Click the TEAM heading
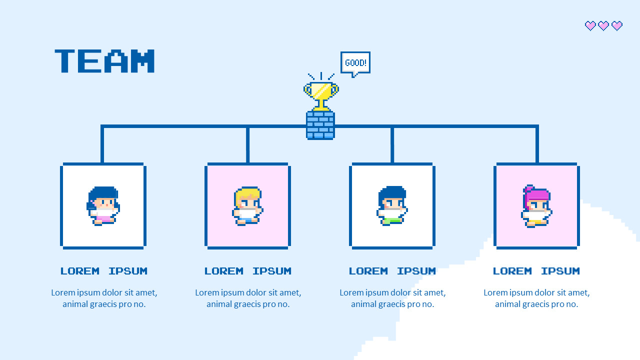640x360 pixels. pos(104,61)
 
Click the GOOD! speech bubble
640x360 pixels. pos(355,63)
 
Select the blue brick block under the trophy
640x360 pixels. pos(320,125)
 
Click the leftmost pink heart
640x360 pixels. pos(590,25)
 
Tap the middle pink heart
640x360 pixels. pos(603,25)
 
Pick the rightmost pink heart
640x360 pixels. pos(617,25)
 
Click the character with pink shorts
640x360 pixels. pos(103,205)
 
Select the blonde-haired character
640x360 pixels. pos(247,205)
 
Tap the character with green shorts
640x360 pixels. pos(392,205)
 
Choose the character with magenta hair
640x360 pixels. pos(536,205)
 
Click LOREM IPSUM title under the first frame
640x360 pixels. pos(103,271)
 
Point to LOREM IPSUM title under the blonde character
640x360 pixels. pos(247,271)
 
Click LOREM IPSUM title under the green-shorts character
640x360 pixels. pos(392,271)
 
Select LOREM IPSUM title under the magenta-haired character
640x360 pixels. pos(536,271)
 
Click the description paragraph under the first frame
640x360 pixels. pos(104,298)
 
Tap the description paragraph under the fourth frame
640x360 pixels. pos(536,298)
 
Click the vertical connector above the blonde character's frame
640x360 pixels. pos(247,145)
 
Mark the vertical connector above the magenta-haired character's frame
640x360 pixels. pos(537,145)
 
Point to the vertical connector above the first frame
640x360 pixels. pos(102,145)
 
